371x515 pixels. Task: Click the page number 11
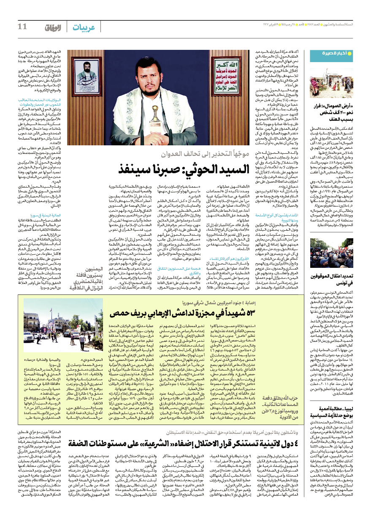pyautogui.click(x=22, y=27)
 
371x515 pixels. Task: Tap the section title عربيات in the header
pyautogui.click(x=84, y=27)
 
